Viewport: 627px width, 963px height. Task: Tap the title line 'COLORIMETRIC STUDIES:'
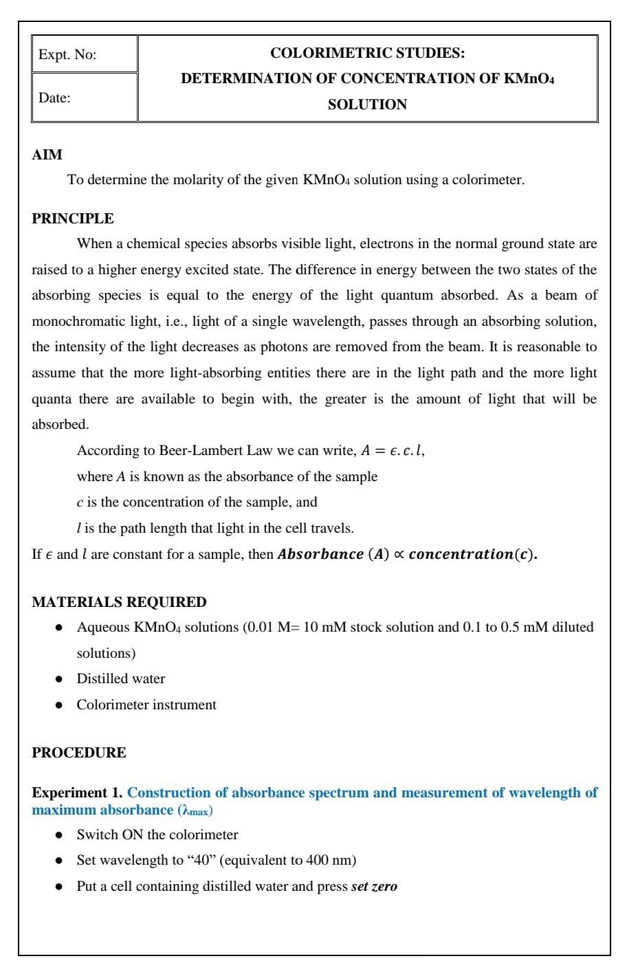(x=367, y=53)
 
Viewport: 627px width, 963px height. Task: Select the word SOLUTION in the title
(x=367, y=104)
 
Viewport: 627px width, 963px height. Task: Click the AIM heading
(x=47, y=155)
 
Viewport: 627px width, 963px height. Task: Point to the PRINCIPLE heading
(x=73, y=219)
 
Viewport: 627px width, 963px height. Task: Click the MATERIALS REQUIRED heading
(x=119, y=602)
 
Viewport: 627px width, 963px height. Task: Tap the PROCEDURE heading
(x=79, y=752)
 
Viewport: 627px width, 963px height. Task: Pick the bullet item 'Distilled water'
(x=121, y=678)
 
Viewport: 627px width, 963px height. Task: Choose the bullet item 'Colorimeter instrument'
(x=146, y=705)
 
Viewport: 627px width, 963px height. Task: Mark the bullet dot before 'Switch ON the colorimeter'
(x=60, y=834)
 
